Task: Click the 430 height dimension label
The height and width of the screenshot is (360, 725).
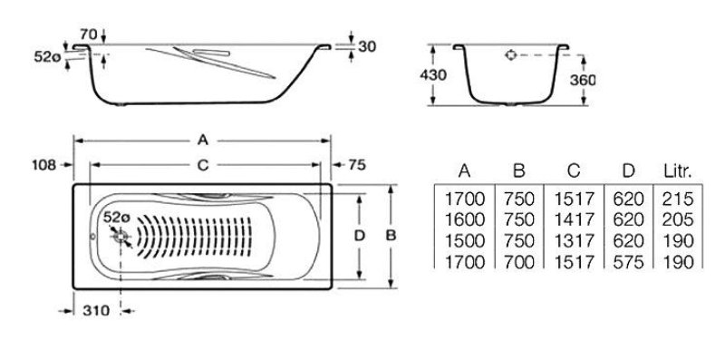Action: click(x=433, y=75)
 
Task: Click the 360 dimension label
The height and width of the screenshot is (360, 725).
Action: click(x=583, y=80)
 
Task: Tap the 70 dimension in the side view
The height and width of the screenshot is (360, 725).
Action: click(x=88, y=34)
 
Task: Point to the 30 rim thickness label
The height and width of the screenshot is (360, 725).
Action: click(x=367, y=46)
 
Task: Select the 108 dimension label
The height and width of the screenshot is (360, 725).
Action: click(x=44, y=165)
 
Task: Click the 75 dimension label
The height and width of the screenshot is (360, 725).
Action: click(x=356, y=165)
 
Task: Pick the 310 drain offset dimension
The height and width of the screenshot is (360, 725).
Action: click(x=96, y=310)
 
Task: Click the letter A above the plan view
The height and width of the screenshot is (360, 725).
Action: click(x=202, y=140)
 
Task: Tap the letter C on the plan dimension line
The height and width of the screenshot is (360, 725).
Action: click(x=203, y=165)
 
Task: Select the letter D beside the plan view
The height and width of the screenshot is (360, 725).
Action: click(x=359, y=236)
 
